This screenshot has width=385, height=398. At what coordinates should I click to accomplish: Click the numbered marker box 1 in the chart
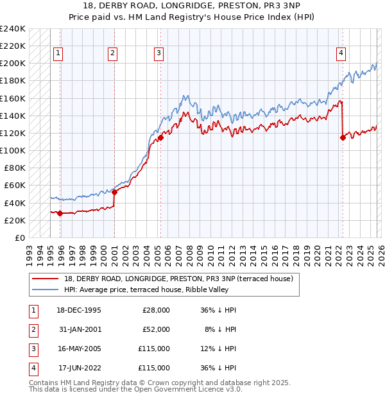[58, 53]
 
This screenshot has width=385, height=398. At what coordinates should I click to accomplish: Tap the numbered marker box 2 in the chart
[112, 53]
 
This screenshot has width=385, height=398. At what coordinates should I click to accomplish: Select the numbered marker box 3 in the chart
[158, 53]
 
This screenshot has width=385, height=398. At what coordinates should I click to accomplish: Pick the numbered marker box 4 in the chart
[341, 53]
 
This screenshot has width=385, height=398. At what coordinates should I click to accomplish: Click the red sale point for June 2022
[343, 137]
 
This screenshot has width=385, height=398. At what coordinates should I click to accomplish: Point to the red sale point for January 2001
[115, 192]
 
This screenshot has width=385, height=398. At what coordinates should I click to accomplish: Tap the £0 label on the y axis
[19, 238]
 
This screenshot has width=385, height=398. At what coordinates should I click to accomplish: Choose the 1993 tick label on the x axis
[29, 251]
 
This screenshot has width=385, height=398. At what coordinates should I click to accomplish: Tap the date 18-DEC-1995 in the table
[79, 309]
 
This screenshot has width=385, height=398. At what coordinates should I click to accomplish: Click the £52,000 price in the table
[156, 329]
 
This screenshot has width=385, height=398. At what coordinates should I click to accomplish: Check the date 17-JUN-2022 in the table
[79, 368]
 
